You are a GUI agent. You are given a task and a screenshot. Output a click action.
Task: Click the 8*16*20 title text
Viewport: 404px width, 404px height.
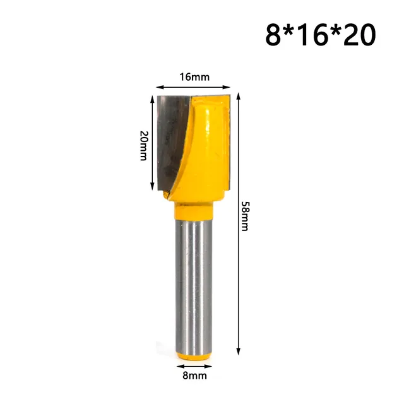click(319, 35)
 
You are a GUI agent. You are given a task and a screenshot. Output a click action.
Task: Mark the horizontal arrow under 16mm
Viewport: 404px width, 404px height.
click(192, 88)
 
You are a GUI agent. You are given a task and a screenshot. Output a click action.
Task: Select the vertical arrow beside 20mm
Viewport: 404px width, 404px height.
click(152, 143)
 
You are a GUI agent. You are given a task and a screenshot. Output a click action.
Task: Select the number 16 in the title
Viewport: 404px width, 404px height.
click(319, 35)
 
